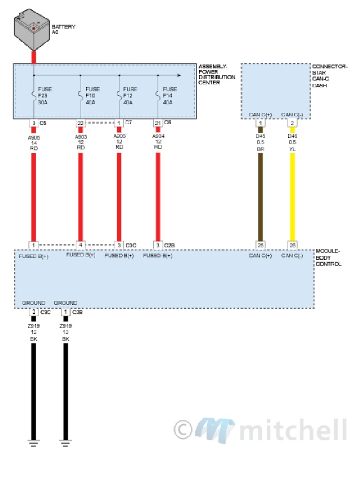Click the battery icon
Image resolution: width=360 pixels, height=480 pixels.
[32, 30]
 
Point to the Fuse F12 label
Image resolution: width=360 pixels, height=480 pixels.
[130, 96]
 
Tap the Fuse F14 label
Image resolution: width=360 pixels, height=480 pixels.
[170, 96]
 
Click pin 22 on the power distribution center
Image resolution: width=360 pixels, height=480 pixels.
[80, 123]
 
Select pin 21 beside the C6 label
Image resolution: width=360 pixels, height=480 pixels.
[157, 123]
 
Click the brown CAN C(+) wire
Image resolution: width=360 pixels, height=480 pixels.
[261, 197]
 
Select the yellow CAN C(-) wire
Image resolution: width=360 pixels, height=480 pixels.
[292, 197]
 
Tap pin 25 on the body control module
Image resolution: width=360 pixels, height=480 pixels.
[261, 245]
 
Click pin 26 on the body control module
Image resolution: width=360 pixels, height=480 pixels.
[292, 245]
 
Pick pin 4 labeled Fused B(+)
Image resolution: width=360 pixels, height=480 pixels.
[81, 245]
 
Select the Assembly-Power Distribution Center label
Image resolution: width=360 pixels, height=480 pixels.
[217, 74]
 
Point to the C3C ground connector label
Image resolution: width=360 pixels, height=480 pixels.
[45, 312]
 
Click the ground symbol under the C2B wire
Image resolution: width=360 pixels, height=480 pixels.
[66, 442]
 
